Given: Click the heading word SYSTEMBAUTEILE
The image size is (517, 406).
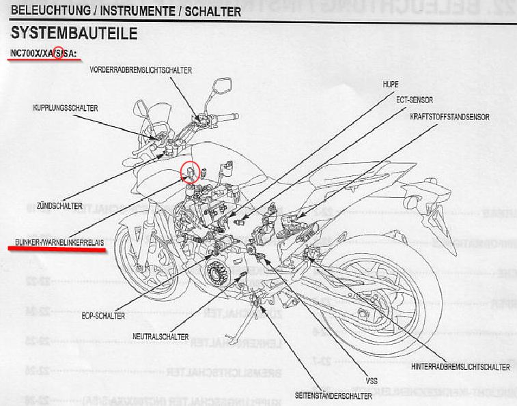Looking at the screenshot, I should point(74,33).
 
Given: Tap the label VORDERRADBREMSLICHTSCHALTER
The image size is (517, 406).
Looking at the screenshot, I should point(140,70).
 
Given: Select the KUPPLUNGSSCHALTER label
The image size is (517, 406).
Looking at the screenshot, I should point(66,108).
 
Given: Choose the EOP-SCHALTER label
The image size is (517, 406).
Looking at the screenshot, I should point(103,316).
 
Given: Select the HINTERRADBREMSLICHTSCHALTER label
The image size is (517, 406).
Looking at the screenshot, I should point(461,367).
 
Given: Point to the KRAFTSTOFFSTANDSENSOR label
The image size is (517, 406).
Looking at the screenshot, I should point(449,117).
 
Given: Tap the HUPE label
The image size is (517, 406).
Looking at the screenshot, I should point(391,84).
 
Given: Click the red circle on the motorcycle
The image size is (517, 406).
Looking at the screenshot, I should point(190,173).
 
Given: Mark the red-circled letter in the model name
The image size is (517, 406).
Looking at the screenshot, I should point(58,53).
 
